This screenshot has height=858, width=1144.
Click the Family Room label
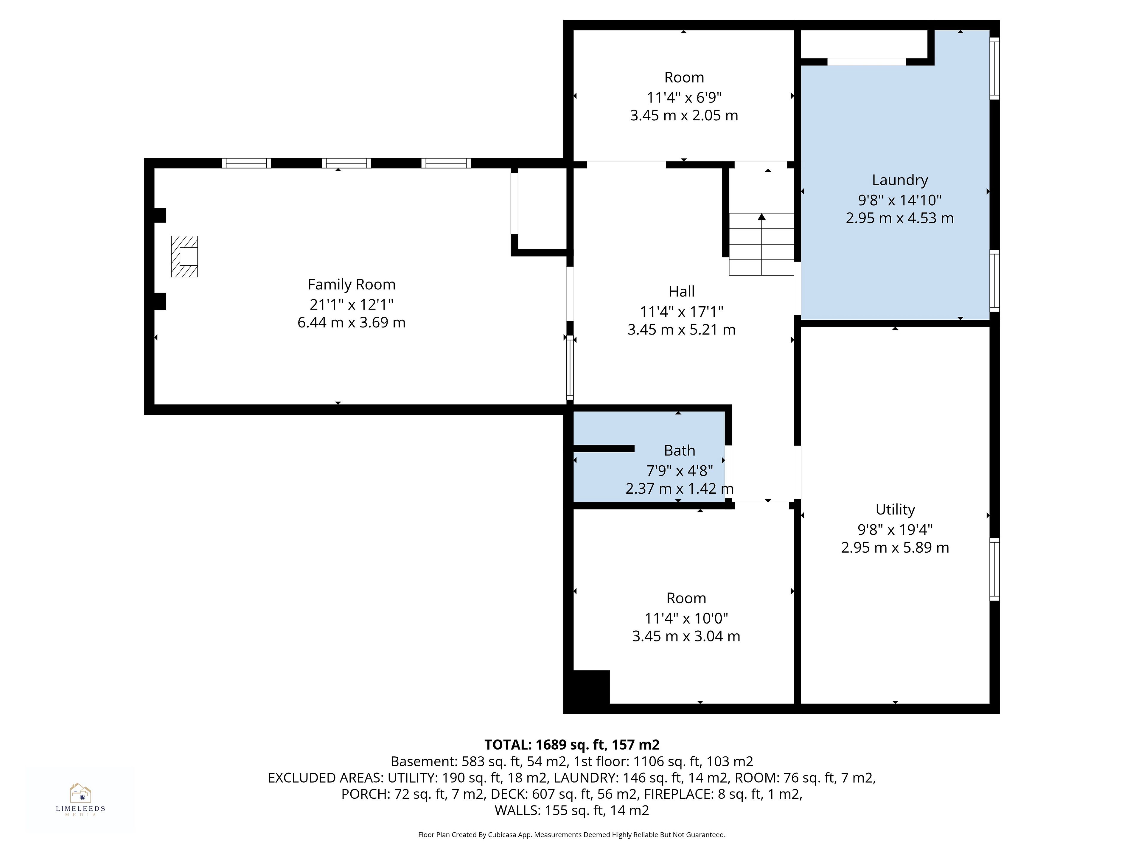point(351,285)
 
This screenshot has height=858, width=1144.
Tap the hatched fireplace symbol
point(185,257)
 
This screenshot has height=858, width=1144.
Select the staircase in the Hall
point(761,244)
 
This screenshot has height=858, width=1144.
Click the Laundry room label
point(900,180)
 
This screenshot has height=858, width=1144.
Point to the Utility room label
point(895,509)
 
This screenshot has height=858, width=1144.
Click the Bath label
point(680,450)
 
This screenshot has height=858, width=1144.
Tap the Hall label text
point(682,292)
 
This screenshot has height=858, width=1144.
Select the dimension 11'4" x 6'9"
point(684,97)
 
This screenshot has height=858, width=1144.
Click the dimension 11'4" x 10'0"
point(686,618)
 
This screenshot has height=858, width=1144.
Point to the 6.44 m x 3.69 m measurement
point(351,323)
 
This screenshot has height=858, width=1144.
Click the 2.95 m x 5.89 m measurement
point(895,547)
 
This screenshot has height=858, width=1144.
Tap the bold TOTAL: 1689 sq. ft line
point(572,745)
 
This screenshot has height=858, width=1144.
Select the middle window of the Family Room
point(346,163)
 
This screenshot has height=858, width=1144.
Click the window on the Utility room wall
point(994,569)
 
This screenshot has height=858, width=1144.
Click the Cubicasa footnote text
point(572,835)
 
